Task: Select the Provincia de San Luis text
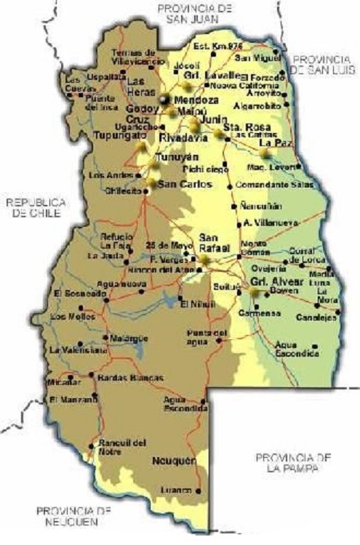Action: point(321,64)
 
